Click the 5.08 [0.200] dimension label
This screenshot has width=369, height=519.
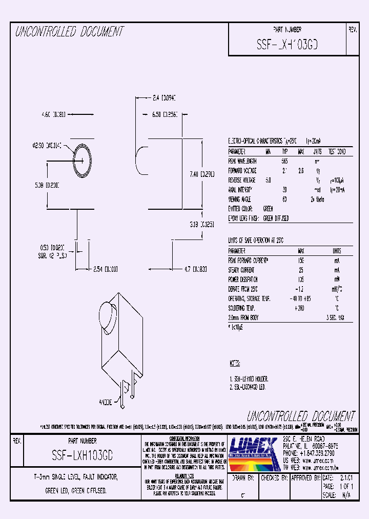(x=46, y=185)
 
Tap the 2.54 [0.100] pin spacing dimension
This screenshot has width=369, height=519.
(x=106, y=268)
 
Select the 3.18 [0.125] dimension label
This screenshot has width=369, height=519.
(x=201, y=224)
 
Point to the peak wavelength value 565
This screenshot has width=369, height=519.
(x=284, y=161)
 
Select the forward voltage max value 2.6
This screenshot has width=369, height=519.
(x=301, y=170)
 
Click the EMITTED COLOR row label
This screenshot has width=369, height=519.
(x=243, y=209)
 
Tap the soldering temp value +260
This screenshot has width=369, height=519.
(x=300, y=308)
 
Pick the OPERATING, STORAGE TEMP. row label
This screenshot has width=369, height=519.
(x=250, y=298)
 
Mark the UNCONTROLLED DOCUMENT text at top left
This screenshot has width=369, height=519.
(x=69, y=32)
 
